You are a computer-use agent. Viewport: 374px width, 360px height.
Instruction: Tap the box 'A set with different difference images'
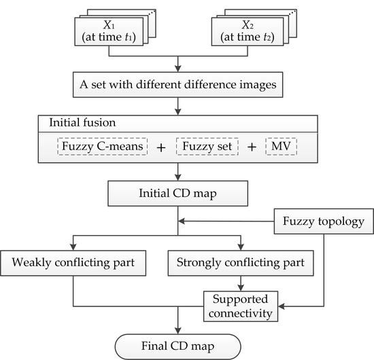point(178,86)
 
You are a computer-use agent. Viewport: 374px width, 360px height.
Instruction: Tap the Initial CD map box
point(178,193)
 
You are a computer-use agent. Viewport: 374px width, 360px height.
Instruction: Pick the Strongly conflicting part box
point(240,262)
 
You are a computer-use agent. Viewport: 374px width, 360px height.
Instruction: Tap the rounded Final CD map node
point(179,346)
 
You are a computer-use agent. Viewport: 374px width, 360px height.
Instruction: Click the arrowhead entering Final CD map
point(178,329)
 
